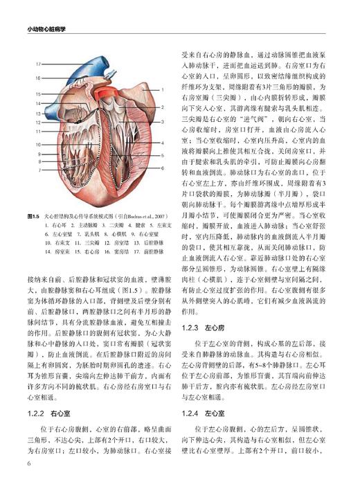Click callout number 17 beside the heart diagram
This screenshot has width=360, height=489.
pyautogui.click(x=38, y=64)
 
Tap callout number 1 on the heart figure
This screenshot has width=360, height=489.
pyautogui.click(x=162, y=89)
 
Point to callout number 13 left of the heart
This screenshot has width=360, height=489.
pyautogui.click(x=38, y=112)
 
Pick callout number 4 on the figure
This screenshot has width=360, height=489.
pyautogui.click(x=162, y=143)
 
